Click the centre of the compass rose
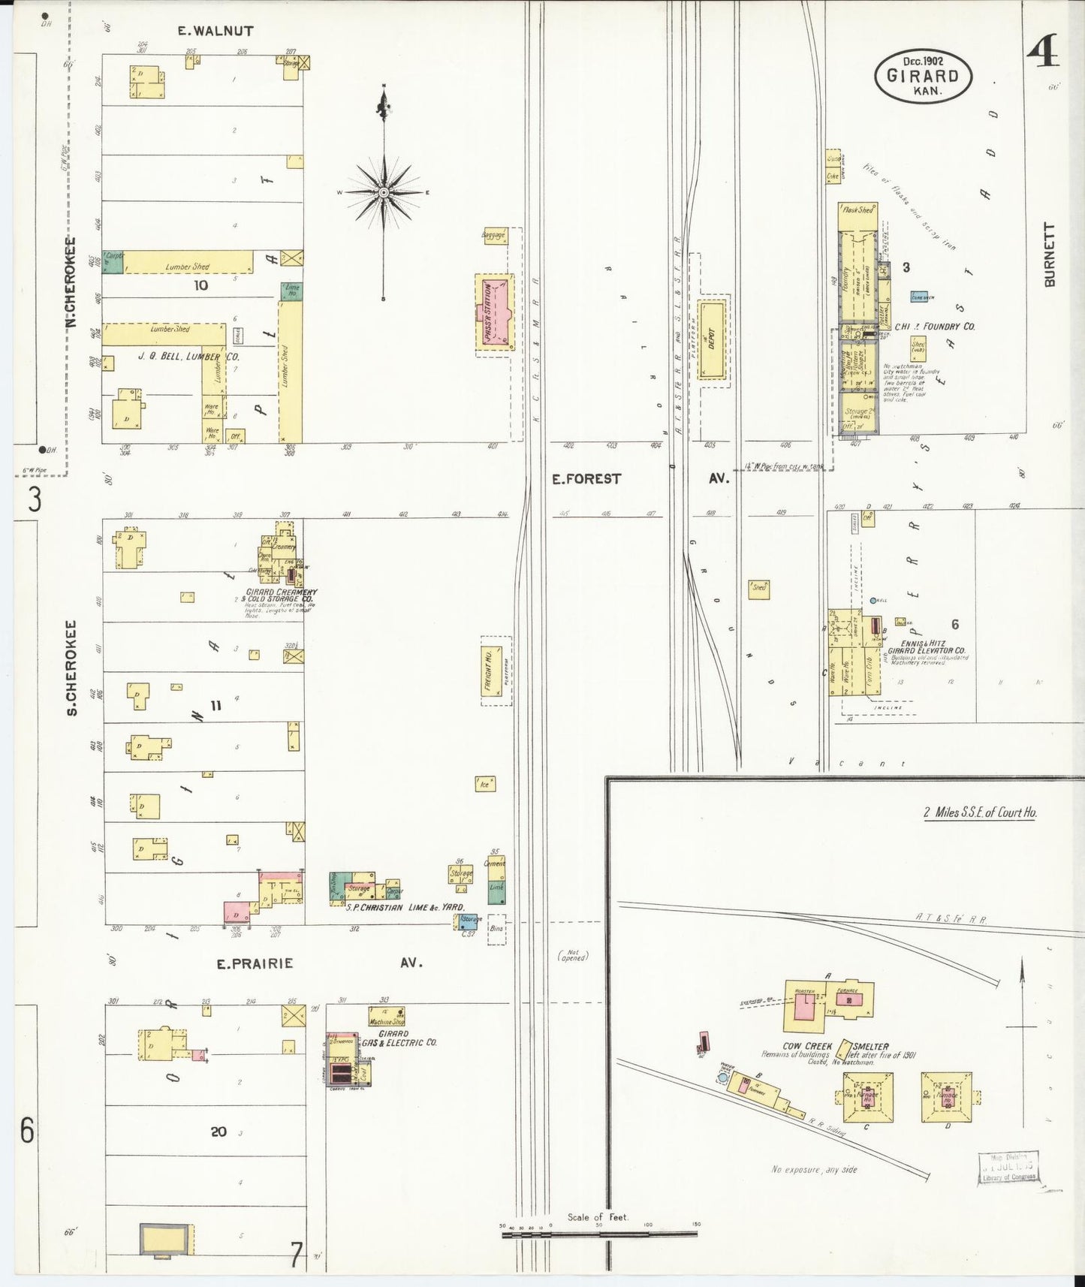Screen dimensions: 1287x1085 pyautogui.click(x=384, y=192)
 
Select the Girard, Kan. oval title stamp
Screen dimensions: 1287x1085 pyautogui.click(x=923, y=76)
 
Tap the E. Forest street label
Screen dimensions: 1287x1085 pyautogui.click(x=586, y=478)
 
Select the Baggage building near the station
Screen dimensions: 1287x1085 pyautogui.click(x=493, y=236)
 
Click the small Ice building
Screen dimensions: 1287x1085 pyautogui.click(x=485, y=784)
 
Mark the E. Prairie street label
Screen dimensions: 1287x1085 pyautogui.click(x=255, y=963)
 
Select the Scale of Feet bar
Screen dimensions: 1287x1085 pyautogui.click(x=598, y=1233)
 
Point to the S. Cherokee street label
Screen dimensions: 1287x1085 pyautogui.click(x=72, y=667)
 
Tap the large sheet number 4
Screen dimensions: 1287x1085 pyautogui.click(x=1042, y=52)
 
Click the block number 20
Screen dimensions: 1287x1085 pyautogui.click(x=219, y=1131)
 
